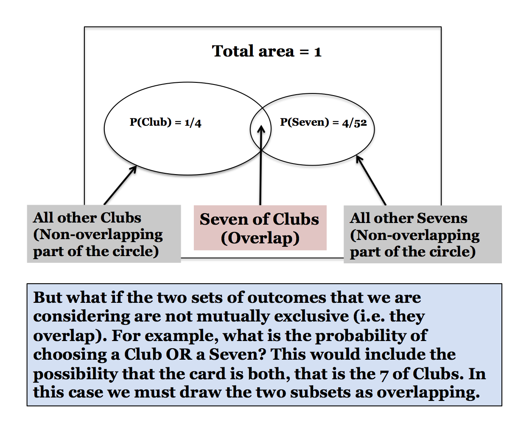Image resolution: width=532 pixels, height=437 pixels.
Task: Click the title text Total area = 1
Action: (x=266, y=51)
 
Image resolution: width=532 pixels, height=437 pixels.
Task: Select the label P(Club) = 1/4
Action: (x=165, y=122)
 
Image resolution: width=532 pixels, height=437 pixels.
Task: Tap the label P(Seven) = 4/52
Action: (x=323, y=122)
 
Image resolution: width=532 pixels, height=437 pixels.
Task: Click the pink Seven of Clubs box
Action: (x=260, y=228)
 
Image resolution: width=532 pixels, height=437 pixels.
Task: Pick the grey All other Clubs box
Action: (x=104, y=234)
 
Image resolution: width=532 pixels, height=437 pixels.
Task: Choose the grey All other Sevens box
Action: (x=423, y=234)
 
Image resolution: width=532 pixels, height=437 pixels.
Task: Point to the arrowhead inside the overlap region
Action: (x=261, y=128)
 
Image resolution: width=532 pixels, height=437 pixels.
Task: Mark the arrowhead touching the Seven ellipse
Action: (x=359, y=159)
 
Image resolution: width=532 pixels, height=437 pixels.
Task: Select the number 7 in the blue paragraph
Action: (x=384, y=374)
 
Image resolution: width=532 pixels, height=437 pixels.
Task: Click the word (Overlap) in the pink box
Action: (x=260, y=238)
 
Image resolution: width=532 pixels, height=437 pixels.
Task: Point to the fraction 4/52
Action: (x=354, y=123)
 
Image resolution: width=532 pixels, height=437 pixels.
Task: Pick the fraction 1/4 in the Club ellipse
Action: (x=193, y=123)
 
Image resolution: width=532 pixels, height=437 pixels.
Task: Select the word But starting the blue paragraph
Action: (x=48, y=298)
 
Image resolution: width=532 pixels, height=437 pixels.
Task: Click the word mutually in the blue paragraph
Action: (x=233, y=316)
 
